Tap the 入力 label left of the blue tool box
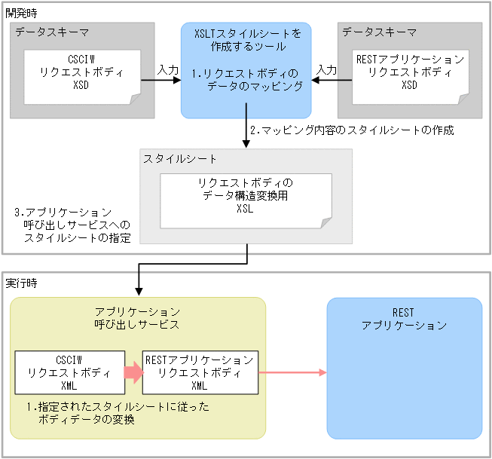point(168,69)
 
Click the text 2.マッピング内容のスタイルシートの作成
point(352,130)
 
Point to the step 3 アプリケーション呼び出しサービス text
point(72,225)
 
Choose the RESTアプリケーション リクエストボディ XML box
point(200,372)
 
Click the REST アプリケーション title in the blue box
point(404,319)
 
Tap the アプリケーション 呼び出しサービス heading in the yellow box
point(137,317)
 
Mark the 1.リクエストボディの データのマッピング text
point(246,81)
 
